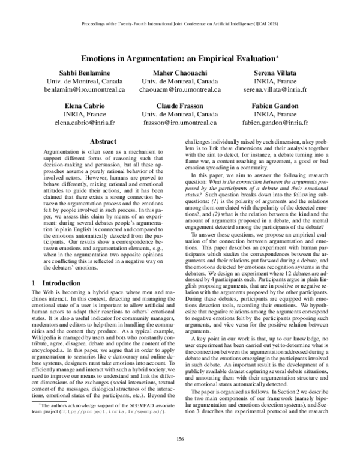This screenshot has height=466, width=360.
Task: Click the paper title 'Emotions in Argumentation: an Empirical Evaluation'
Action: coord(179,61)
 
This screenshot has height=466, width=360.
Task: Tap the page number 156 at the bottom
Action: coord(179,440)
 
